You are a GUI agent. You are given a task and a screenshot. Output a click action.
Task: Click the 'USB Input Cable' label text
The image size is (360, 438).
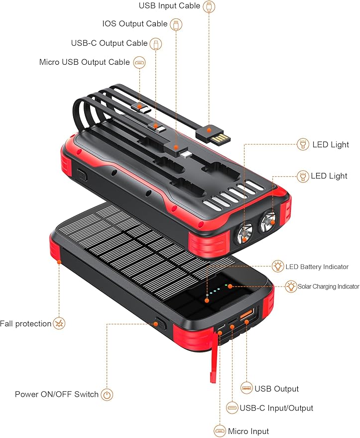tap(169, 6)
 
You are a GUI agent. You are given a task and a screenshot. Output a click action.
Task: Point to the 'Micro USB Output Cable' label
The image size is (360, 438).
tap(85, 62)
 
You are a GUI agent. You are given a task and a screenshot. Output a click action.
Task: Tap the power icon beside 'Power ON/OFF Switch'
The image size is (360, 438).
tap(107, 395)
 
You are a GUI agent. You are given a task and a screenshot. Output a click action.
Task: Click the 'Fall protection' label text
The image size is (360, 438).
tap(26, 324)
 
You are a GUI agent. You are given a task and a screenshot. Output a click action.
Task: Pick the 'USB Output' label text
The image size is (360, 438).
tap(276, 389)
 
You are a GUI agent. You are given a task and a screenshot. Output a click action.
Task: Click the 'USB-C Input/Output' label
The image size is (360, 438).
tap(276, 408)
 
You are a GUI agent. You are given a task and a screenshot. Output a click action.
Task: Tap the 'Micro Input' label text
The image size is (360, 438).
tap(248, 431)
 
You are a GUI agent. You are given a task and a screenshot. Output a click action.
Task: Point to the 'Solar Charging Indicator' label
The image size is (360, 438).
tap(328, 287)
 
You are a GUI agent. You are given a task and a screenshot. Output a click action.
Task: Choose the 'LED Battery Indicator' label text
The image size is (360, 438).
tap(317, 267)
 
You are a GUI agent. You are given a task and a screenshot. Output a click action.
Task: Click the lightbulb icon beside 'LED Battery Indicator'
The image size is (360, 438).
tap(278, 266)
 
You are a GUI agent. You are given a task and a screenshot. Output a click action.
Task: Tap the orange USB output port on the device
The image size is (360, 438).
tap(247, 316)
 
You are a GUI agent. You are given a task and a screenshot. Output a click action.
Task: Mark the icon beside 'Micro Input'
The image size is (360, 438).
tap(220, 431)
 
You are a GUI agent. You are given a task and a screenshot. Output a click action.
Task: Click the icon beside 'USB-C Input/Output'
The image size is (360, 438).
tap(232, 408)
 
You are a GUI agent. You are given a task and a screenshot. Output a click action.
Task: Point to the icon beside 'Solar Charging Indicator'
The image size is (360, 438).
tap(291, 287)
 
